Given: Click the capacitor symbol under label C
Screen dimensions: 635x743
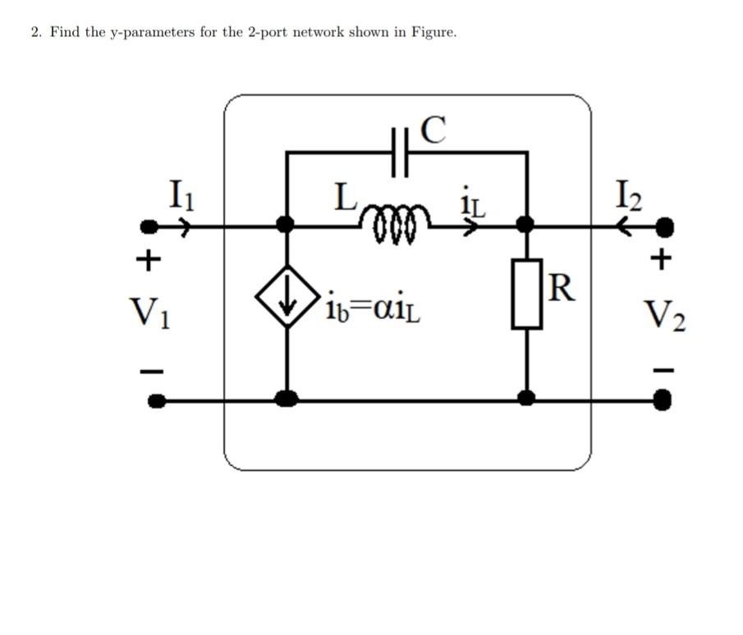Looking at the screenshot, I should pos(399,153).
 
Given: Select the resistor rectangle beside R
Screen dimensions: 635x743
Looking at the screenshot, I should pos(527,294).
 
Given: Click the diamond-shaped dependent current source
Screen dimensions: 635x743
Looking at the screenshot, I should pos(287,296).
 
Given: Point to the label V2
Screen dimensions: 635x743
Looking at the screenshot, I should pos(665,313).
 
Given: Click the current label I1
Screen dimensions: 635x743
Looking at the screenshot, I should pos(180,195).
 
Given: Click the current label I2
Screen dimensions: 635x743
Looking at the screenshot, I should pos(627,195).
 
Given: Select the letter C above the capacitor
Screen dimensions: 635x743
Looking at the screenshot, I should pos(433,130).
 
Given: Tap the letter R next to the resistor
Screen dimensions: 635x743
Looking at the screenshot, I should pos(561,287).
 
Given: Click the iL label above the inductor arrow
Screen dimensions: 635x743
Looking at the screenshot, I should pos(474,203).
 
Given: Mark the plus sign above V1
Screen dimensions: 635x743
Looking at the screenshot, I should pos(148,260).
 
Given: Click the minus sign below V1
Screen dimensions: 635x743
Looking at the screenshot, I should pos(148,370).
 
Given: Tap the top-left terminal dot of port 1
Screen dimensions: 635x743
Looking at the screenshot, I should pos(149,226).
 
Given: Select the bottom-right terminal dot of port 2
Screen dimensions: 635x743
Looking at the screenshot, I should pos(664,400).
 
